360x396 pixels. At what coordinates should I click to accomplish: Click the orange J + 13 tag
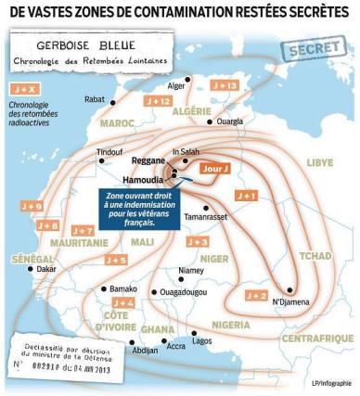point(225,84)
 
